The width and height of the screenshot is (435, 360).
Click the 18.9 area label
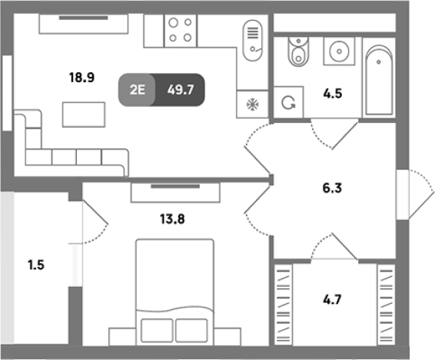[x=81, y=78]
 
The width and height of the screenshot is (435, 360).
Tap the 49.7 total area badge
[x=181, y=90]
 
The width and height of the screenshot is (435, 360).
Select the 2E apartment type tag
[x=137, y=90]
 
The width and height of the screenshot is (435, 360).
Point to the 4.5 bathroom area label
[x=332, y=94]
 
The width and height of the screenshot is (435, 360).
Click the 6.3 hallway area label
[x=332, y=188]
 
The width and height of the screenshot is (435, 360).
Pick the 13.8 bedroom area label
[x=172, y=219]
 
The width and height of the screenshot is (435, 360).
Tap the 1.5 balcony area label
[x=36, y=265]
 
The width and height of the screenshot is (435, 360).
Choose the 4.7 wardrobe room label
[x=332, y=299]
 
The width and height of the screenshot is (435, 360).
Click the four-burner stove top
[x=181, y=30]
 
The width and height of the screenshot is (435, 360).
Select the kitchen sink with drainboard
[x=252, y=41]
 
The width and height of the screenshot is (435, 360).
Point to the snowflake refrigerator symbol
[x=252, y=105]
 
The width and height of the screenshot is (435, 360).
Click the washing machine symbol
[x=288, y=102]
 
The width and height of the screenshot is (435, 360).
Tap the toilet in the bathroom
[x=298, y=52]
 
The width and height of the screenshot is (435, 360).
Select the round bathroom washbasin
[x=339, y=52]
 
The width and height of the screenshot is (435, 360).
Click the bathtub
[x=379, y=80]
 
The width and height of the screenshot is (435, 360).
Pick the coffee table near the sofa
[x=84, y=115]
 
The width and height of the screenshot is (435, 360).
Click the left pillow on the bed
[x=157, y=331]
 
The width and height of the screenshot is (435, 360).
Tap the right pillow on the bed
[x=191, y=331]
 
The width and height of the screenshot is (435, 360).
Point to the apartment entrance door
[x=415, y=195]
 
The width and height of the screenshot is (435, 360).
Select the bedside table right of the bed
[x=227, y=337]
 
